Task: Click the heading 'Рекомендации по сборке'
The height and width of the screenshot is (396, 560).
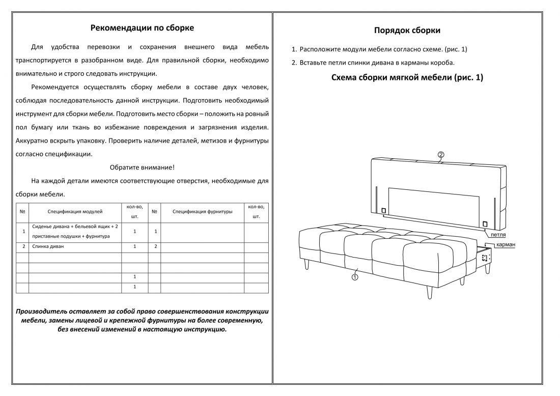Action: click(x=142, y=28)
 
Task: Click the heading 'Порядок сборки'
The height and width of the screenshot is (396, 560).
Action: click(x=407, y=31)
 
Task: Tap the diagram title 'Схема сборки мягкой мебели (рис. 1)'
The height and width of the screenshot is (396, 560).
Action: click(x=407, y=77)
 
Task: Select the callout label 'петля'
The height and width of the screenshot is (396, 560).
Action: click(x=498, y=236)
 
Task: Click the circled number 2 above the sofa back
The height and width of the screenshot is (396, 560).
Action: click(x=441, y=154)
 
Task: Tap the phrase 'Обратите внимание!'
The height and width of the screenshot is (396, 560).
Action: click(x=142, y=167)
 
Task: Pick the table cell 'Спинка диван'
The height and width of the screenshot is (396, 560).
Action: click(x=48, y=246)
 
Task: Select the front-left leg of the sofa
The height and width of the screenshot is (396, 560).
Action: click(x=307, y=264)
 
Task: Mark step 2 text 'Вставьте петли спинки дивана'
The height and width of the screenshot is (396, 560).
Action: click(x=377, y=63)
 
